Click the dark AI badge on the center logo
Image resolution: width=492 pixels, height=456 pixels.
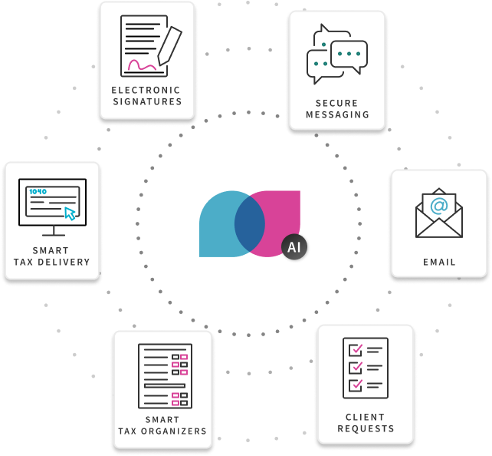294,247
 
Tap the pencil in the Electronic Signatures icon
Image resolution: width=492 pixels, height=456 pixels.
169,45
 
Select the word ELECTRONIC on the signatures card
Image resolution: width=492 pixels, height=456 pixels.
147,90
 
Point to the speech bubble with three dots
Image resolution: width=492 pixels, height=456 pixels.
349,55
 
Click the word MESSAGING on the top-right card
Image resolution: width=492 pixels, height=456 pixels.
337,115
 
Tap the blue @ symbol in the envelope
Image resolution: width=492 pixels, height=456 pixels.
439,206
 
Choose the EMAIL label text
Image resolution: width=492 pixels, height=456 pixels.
439,262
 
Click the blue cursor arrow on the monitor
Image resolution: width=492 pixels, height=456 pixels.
71,213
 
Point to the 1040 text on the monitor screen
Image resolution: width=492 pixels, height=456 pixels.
38,190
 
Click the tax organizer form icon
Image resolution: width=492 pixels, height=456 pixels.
164,375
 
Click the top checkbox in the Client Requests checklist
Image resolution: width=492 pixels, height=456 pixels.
356,350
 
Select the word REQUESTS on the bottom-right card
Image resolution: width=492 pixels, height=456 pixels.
366,428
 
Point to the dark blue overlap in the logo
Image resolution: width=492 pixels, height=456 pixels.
249,223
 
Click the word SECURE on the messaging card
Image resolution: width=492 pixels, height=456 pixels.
337,103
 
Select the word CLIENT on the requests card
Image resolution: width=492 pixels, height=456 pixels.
366,416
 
